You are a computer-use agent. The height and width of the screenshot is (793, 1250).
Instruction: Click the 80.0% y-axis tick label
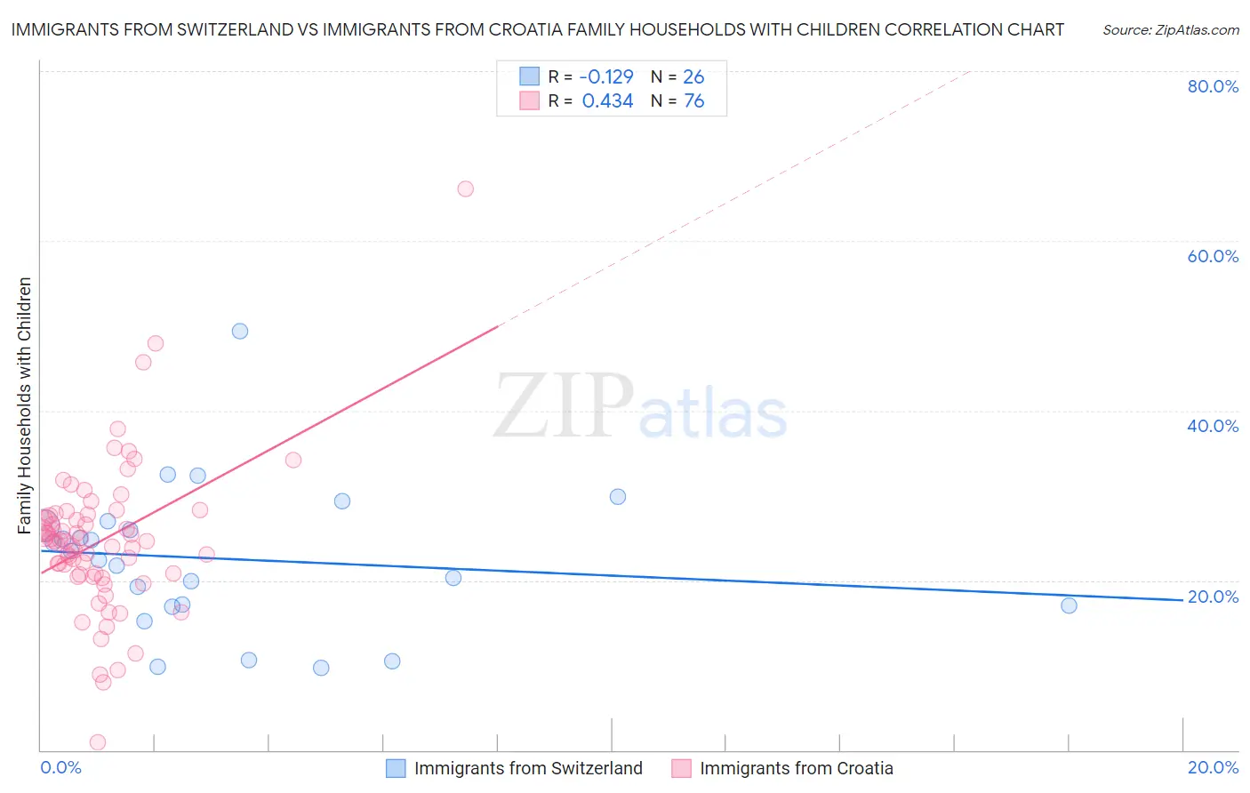pos(1213,86)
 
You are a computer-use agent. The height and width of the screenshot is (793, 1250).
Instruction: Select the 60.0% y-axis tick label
pos(1213,256)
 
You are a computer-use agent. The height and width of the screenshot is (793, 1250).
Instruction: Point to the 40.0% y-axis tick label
pos(1213,426)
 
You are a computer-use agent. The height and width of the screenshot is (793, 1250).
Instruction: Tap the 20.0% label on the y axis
pos(1213,597)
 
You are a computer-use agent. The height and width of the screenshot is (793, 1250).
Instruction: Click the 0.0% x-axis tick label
pos(61,767)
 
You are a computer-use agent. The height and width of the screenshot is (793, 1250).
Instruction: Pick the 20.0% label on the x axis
pos(1213,767)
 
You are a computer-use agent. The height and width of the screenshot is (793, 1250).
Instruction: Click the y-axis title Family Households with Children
pos(25,405)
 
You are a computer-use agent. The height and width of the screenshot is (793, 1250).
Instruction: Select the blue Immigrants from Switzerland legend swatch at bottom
pos(396,768)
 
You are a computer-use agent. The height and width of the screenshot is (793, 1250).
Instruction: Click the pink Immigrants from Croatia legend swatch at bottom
pos(681,768)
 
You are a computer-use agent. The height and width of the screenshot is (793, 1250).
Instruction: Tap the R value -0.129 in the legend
pos(606,76)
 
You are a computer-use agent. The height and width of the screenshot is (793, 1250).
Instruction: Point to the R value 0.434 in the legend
pos(607,101)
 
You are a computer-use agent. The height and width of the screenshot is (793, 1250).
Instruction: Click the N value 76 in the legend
pos(693,101)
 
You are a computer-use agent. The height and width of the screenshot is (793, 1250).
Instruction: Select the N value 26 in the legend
pos(693,76)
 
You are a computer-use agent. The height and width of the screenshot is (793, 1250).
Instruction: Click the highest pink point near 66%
pos(465,188)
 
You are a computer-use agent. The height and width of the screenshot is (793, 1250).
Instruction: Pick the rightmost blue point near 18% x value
pos(1069,605)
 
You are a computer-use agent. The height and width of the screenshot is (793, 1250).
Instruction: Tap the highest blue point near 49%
pos(240,331)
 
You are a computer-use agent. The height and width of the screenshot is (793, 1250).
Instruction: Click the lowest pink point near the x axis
pos(98,742)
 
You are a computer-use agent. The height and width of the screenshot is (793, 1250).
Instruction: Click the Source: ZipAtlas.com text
pos(1171,30)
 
